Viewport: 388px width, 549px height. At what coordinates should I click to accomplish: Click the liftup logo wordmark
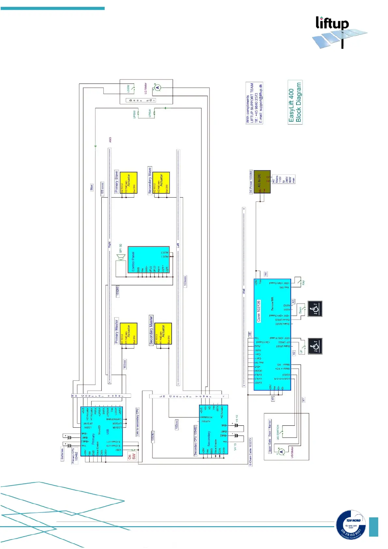[x=332, y=23]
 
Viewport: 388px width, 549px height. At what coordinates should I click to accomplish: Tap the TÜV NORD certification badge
[x=351, y=524]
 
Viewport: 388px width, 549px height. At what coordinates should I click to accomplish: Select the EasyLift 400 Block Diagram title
[x=295, y=102]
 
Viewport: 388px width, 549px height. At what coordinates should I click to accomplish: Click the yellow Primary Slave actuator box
[x=128, y=183]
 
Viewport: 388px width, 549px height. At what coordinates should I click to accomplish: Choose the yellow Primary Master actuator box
[x=128, y=333]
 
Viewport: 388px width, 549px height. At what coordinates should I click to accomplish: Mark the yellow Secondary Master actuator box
[x=163, y=333]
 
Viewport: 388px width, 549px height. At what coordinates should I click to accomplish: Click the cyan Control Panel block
[x=149, y=260]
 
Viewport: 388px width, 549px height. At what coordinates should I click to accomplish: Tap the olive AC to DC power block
[x=262, y=181]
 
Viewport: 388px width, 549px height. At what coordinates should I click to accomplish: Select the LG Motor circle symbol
[x=158, y=87]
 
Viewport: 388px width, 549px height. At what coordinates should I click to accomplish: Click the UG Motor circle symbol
[x=281, y=452]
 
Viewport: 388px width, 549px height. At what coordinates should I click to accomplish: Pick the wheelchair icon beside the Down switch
[x=315, y=308]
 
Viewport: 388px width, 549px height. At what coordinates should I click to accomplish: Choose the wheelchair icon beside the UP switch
[x=315, y=346]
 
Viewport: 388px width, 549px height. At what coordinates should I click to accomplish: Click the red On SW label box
[x=132, y=457]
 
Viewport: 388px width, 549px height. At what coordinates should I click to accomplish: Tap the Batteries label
[x=62, y=454]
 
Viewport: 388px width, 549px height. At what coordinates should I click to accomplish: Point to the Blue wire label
[x=92, y=187]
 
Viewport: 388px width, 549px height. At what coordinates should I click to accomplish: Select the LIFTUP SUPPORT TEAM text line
[x=252, y=103]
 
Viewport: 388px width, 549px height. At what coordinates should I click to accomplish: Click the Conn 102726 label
[x=259, y=311]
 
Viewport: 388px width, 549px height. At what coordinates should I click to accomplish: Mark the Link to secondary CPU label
[x=137, y=422]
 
